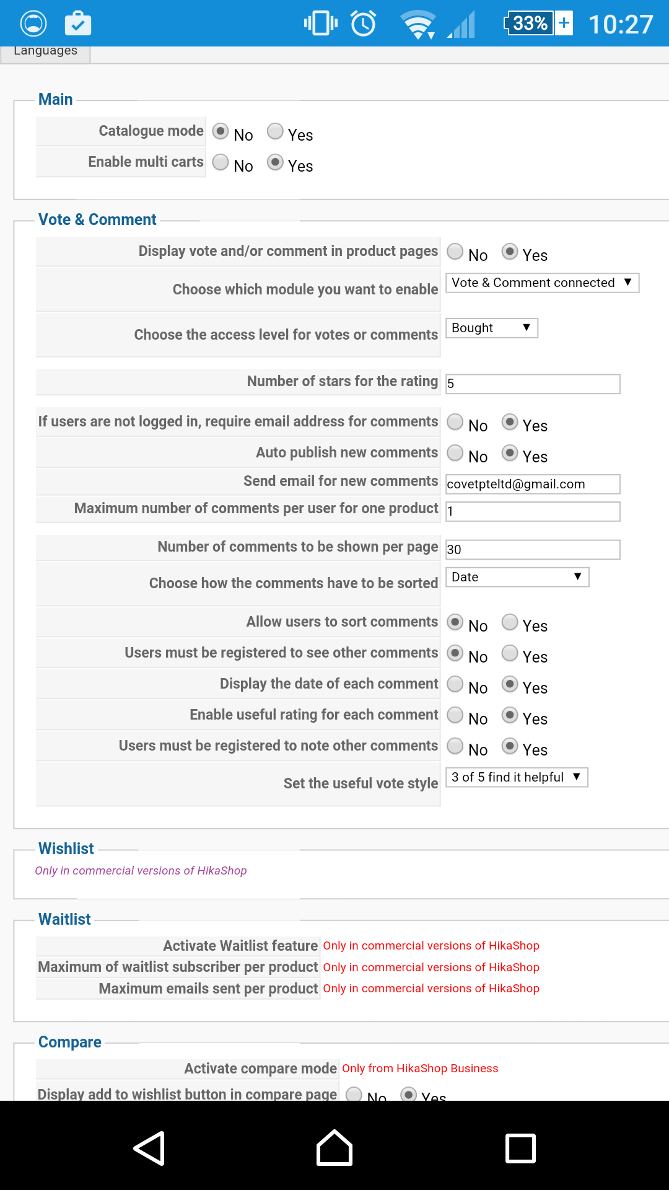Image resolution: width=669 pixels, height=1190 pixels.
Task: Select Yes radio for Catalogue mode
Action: pyautogui.click(x=275, y=131)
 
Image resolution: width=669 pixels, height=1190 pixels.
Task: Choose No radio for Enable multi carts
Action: pyautogui.click(x=221, y=162)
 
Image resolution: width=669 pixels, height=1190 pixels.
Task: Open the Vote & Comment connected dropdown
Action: pyautogui.click(x=542, y=283)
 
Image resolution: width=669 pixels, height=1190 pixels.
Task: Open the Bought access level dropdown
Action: pyautogui.click(x=491, y=328)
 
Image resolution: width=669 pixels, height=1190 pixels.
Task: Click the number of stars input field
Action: pyautogui.click(x=533, y=384)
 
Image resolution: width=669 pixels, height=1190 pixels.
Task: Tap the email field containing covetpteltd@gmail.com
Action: pyautogui.click(x=533, y=484)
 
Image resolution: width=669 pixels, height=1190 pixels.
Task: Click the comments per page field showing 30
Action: pyautogui.click(x=533, y=550)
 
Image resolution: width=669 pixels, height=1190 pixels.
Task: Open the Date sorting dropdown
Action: pyautogui.click(x=517, y=577)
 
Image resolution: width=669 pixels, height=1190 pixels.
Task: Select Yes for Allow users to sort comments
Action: pyautogui.click(x=510, y=622)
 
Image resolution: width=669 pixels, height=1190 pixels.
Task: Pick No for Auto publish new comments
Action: pyautogui.click(x=455, y=453)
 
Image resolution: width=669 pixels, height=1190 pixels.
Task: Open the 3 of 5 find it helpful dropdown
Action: pyautogui.click(x=516, y=777)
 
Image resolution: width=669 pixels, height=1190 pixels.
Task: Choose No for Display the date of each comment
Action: pyautogui.click(x=455, y=684)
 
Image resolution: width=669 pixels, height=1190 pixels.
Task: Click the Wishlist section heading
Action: pyautogui.click(x=66, y=848)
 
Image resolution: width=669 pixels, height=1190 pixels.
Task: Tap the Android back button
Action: pyautogui.click(x=149, y=1148)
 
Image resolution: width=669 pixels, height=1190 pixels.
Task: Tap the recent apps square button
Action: pyautogui.click(x=520, y=1148)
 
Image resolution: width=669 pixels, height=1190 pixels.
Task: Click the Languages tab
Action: pyautogui.click(x=45, y=52)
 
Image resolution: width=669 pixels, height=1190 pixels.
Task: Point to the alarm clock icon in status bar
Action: pyautogui.click(x=364, y=24)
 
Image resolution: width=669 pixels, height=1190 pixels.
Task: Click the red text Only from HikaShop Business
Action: pyautogui.click(x=420, y=1069)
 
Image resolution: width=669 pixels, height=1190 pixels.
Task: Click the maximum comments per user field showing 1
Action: pyautogui.click(x=533, y=511)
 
